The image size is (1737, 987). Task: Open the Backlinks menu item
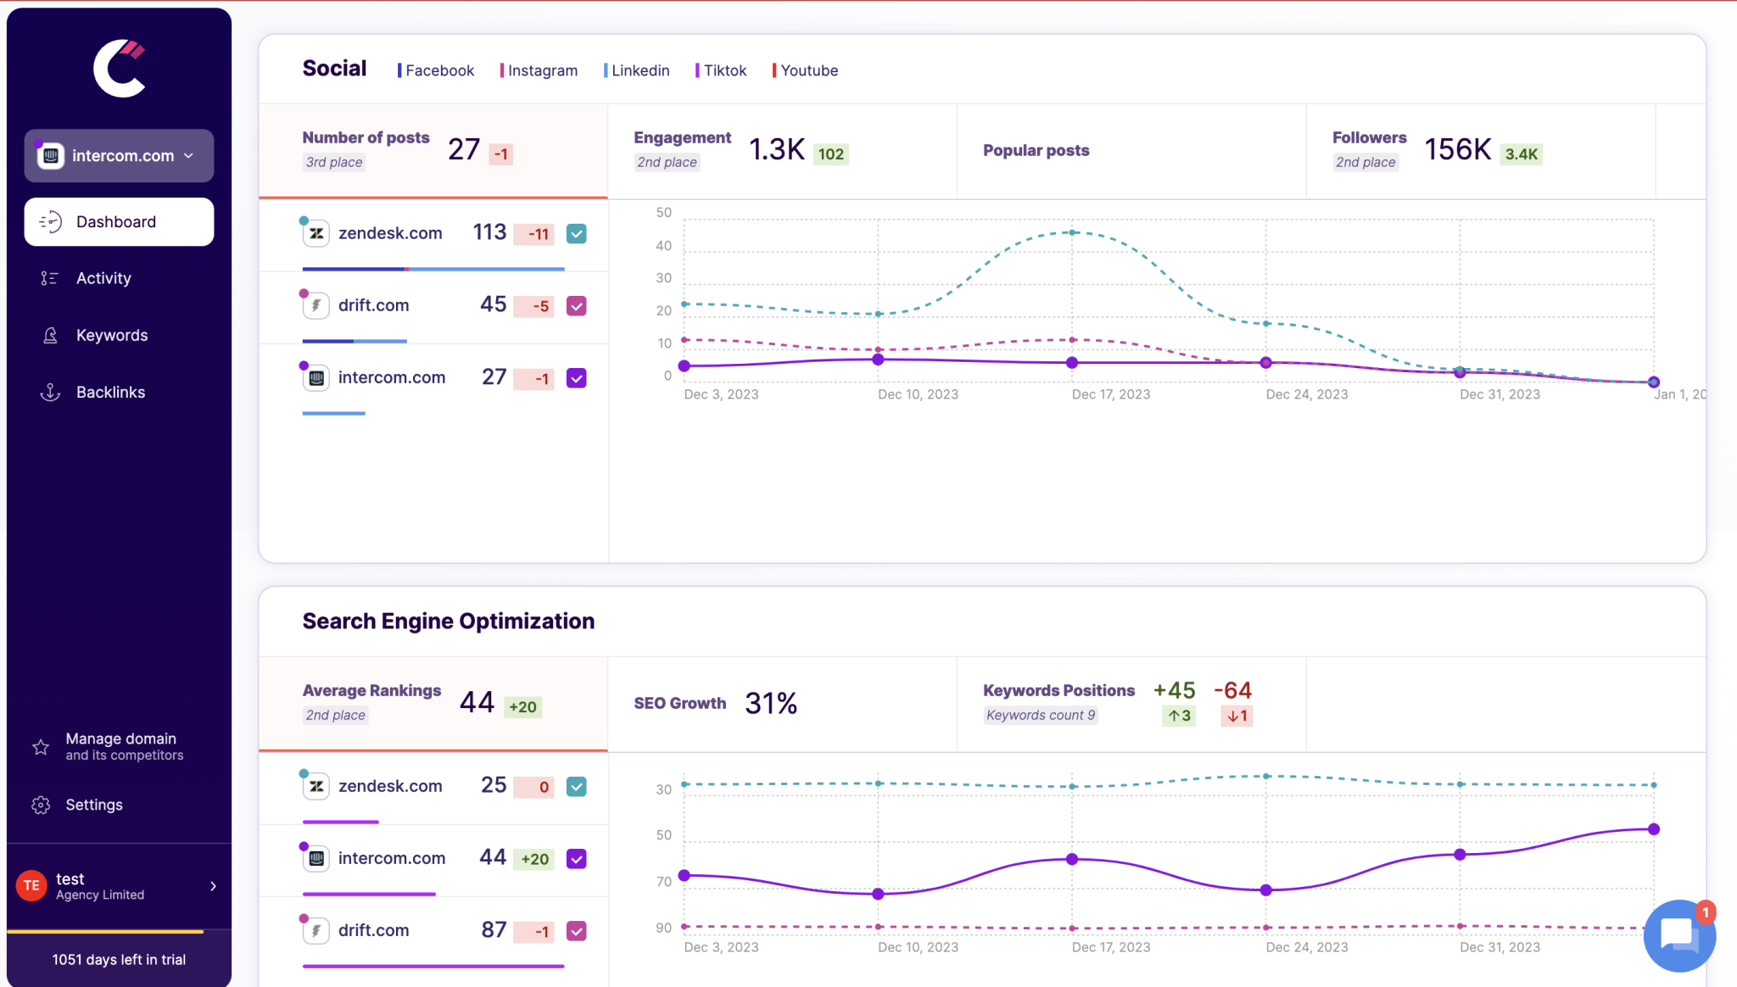pyautogui.click(x=109, y=393)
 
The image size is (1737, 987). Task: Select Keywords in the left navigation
pyautogui.click(x=111, y=336)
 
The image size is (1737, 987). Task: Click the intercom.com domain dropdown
pyautogui.click(x=119, y=156)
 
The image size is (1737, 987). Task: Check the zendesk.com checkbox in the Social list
pyautogui.click(x=577, y=234)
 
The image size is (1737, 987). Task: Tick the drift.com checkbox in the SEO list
pyautogui.click(x=577, y=931)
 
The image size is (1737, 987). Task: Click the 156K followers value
pyautogui.click(x=1457, y=150)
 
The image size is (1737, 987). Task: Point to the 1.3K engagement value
pyautogui.click(x=776, y=150)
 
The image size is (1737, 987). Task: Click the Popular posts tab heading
pyautogui.click(x=1036, y=151)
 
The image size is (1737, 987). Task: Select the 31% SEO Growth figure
pyautogui.click(x=770, y=704)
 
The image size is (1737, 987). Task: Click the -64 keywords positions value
pyautogui.click(x=1232, y=690)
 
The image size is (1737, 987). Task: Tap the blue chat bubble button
pyautogui.click(x=1678, y=935)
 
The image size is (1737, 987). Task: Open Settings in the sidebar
pyautogui.click(x=93, y=805)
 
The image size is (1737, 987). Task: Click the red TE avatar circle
pyautogui.click(x=31, y=886)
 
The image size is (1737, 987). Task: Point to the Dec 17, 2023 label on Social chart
pyautogui.click(x=1110, y=394)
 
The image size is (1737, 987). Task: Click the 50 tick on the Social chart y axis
pyautogui.click(x=663, y=213)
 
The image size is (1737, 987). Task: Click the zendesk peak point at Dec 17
pyautogui.click(x=1072, y=232)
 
